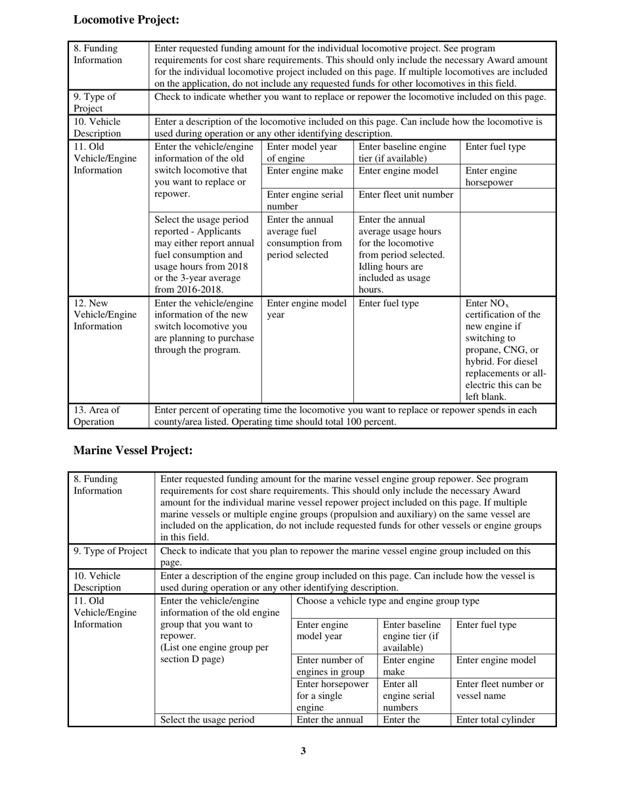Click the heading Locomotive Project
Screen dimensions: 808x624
126,20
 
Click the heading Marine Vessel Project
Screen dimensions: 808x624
133,450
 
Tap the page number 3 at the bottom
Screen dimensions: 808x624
303,751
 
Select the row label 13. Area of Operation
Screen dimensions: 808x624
97,416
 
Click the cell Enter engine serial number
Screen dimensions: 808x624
305,200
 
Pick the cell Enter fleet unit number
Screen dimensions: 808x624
405,194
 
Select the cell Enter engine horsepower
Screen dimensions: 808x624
491,177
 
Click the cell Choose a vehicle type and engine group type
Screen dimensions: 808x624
388,601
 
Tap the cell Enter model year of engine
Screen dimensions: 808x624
301,152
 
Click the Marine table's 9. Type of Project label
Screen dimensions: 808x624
110,551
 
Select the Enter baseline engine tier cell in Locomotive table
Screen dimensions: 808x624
402,152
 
